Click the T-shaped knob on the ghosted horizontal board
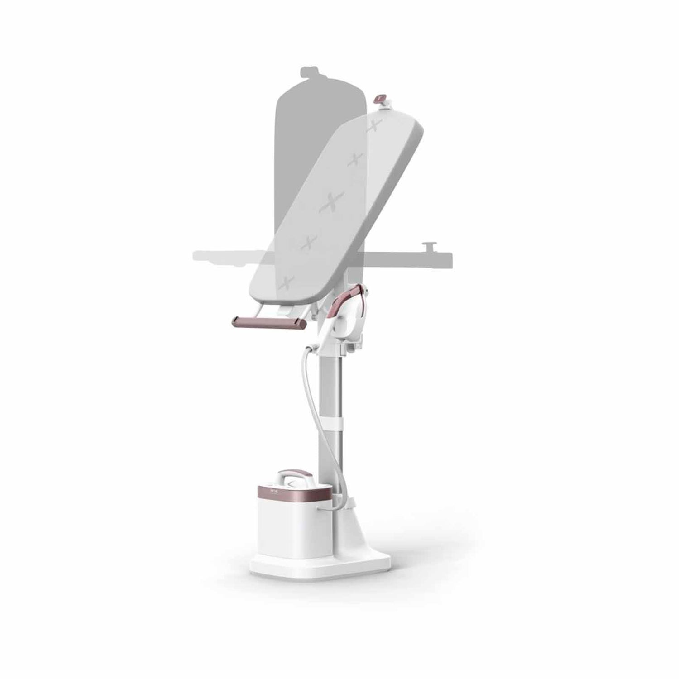coord(428,246)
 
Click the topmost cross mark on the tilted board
coord(374,127)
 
